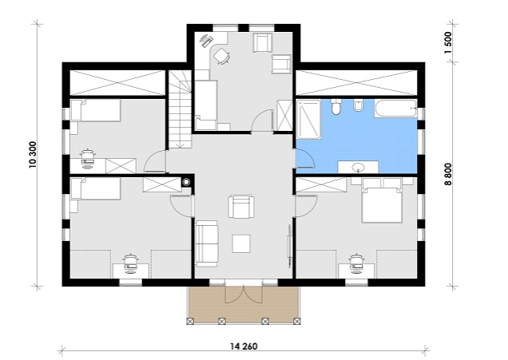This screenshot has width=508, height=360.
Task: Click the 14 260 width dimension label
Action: pos(244,346)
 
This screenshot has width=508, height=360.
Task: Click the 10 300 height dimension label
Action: pos(33,155)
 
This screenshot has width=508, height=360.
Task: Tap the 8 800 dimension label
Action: pos(448,174)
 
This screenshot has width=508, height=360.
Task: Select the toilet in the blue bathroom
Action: pos(335,107)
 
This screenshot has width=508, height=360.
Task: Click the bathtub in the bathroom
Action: pos(395,109)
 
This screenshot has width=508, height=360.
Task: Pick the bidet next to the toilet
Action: pos(358,105)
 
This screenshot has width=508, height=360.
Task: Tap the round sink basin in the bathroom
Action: pos(359,168)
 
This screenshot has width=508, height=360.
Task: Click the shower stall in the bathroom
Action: pos(308,119)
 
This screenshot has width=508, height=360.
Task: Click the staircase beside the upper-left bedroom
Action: pos(178,109)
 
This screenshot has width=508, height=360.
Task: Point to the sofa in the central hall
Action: pos(206,243)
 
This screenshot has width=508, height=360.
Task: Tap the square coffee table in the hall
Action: pos(241,243)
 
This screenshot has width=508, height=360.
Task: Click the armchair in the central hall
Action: pos(241,207)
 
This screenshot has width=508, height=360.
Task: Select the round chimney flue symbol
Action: pos(186,182)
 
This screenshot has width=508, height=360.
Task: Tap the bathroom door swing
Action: pos(305,159)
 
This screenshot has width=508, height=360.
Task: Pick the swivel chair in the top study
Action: pos(222,56)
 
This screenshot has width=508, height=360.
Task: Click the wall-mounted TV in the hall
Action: pos(288,245)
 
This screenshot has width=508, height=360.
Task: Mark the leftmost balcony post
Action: pos(190,321)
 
